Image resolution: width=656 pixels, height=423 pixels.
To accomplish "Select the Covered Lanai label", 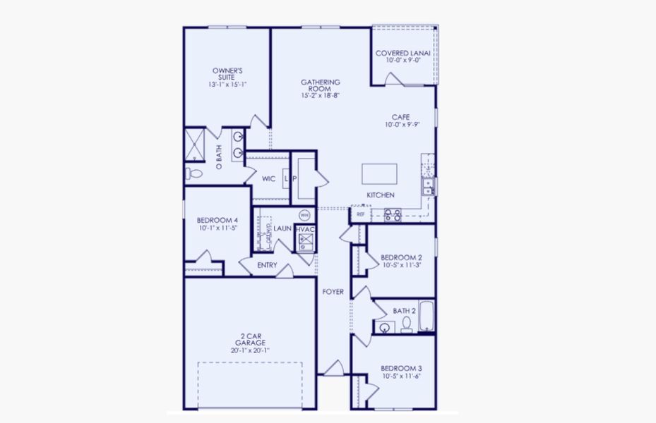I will (x=403, y=53).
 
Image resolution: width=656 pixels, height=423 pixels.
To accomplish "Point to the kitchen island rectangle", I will (x=379, y=173).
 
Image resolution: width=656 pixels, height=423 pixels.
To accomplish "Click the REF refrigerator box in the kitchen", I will (x=360, y=214).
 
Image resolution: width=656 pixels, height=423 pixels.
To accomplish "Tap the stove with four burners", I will (x=392, y=214).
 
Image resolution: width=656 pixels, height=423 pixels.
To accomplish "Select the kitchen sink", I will (x=428, y=186).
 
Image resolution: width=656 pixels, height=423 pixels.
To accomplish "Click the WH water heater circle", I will (x=304, y=214).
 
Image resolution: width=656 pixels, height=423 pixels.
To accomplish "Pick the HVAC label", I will (x=304, y=229).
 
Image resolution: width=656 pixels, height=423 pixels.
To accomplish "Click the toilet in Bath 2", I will (x=406, y=325).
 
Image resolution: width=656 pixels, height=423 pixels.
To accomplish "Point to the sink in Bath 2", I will (x=385, y=327).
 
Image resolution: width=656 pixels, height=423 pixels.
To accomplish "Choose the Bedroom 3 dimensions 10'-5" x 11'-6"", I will (x=400, y=377).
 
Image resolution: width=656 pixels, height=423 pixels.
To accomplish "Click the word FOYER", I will (x=333, y=292).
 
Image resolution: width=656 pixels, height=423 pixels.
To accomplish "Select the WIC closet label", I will (x=268, y=179).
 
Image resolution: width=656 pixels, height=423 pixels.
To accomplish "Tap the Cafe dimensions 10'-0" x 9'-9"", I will (x=402, y=125).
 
